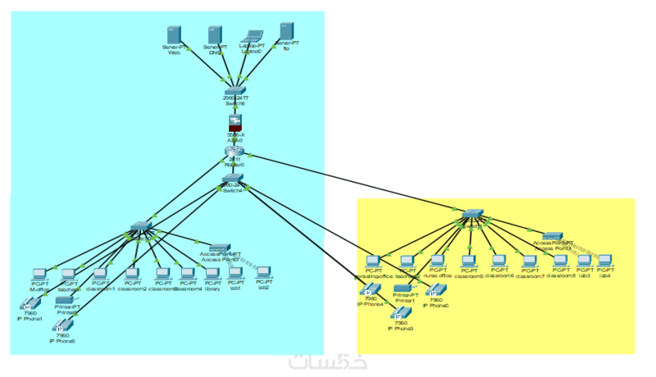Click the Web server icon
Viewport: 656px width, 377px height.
click(174, 34)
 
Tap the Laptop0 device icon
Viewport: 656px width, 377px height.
click(252, 37)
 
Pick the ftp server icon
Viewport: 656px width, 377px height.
click(286, 31)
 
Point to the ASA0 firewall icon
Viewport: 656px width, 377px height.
click(235, 124)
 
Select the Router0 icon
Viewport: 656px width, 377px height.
click(235, 151)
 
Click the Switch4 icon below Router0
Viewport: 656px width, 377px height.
click(233, 178)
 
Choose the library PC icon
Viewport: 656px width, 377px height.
click(212, 273)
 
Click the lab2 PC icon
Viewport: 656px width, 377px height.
click(264, 273)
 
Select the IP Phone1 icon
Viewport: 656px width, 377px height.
click(29, 305)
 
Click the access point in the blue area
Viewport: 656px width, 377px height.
click(218, 247)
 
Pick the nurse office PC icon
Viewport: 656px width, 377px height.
click(437, 262)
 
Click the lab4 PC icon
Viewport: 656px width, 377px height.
click(605, 261)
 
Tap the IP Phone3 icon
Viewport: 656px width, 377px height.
click(399, 315)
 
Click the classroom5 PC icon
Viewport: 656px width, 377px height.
click(468, 262)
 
